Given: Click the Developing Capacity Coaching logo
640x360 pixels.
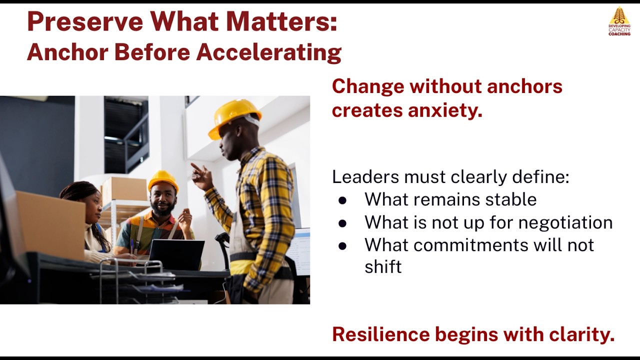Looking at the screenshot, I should point(619,21).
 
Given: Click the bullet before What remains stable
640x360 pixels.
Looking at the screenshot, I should point(342,200).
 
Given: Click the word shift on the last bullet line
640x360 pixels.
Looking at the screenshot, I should point(383,267).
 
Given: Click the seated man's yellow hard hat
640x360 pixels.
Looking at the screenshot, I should point(162,180).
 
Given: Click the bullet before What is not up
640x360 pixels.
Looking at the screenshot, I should point(342,223).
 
